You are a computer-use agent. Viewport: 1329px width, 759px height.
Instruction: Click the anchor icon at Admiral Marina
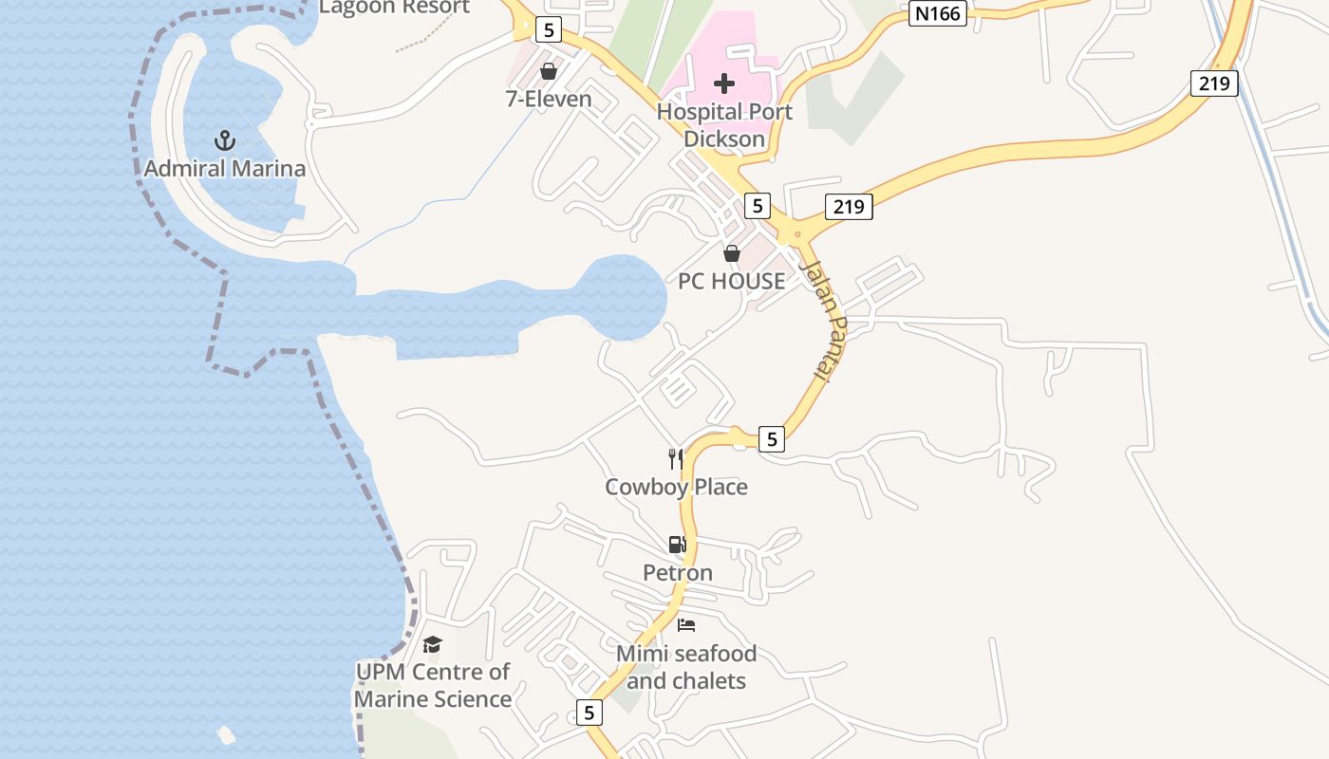224,141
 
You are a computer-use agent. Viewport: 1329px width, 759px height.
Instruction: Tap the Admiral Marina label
224,169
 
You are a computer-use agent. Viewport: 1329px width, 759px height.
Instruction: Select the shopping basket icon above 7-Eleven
548,71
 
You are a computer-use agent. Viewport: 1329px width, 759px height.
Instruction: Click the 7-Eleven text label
548,99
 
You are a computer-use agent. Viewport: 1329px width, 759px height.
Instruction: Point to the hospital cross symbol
724,83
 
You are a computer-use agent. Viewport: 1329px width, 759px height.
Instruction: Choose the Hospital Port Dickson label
724,125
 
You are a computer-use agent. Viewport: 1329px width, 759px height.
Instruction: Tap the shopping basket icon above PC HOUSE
731,253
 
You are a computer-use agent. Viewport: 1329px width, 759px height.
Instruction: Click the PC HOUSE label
731,281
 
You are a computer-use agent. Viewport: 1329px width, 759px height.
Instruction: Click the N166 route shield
937,14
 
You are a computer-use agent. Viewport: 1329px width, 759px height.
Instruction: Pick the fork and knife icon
676,459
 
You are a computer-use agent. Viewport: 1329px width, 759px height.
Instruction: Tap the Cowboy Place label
676,487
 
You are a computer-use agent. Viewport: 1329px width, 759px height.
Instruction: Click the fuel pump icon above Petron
677,545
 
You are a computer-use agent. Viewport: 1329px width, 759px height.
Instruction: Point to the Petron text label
677,573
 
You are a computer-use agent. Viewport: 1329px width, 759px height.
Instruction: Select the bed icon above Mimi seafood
686,625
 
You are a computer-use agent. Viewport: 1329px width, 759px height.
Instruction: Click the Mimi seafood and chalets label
686,667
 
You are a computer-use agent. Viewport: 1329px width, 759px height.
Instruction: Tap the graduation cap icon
432,645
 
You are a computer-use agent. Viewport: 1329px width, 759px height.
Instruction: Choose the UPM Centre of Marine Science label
432,685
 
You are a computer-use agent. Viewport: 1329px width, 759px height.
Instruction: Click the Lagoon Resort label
394,8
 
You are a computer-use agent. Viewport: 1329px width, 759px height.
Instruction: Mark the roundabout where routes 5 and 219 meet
796,234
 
